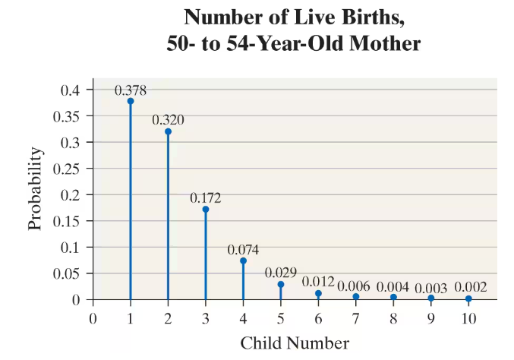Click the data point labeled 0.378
click(131, 101)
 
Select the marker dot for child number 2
click(168, 131)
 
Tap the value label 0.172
click(206, 197)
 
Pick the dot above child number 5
click(281, 285)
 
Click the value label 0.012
click(318, 282)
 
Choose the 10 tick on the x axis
click(468, 318)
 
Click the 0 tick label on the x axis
click(93, 318)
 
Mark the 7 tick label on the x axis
click(355, 318)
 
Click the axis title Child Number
click(295, 343)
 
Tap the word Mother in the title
click(381, 44)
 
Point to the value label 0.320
click(168, 120)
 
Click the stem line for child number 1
click(131, 205)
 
